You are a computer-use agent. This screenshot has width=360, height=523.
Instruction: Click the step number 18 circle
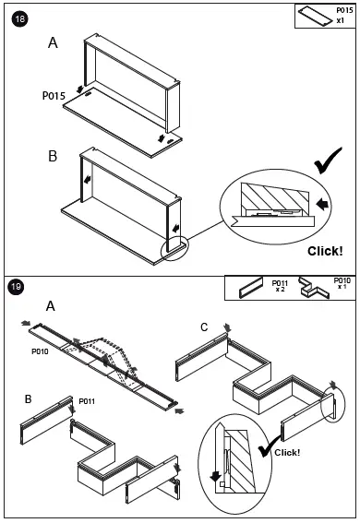[20, 19]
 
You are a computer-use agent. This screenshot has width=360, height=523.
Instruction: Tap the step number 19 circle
[16, 287]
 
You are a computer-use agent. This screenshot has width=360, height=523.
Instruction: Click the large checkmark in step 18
[328, 160]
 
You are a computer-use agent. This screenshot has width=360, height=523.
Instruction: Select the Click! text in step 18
[325, 251]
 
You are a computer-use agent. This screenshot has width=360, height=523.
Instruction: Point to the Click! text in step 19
[287, 452]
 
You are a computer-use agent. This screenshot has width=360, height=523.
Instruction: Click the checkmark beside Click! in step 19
[269, 447]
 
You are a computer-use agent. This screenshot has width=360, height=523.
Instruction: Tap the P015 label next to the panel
[54, 96]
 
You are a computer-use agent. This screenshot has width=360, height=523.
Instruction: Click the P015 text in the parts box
[344, 10]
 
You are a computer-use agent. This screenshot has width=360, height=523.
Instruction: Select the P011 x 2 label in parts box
[280, 286]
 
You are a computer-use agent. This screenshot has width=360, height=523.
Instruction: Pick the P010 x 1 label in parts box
[342, 283]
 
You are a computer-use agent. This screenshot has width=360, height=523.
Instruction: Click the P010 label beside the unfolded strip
[40, 351]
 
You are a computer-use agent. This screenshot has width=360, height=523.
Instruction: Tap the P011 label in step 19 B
[87, 401]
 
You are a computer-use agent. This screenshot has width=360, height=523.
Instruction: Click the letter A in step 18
[53, 43]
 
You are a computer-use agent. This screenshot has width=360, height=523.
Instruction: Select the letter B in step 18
[53, 156]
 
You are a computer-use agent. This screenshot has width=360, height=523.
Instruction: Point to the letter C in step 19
[204, 327]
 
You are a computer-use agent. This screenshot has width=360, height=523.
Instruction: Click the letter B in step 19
[29, 398]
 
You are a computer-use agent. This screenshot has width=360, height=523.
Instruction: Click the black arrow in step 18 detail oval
[322, 204]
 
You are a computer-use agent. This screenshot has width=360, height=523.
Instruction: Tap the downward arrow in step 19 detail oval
[215, 476]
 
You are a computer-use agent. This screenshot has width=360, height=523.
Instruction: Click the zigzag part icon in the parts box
[314, 288]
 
